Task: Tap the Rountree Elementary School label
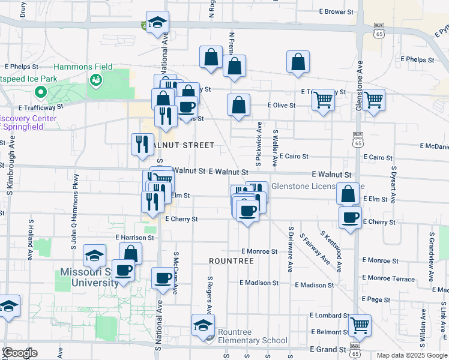[253, 337]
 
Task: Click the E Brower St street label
[336, 11]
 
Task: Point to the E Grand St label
[327, 349]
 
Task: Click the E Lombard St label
[329, 315]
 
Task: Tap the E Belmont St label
[328, 332]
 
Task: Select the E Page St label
[376, 299]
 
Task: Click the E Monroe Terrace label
[388, 279]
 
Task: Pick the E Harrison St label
[135, 238]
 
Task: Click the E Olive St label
[282, 105]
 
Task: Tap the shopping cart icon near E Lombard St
[360, 325]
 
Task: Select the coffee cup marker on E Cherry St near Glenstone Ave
[350, 217]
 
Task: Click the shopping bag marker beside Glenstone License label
[348, 193]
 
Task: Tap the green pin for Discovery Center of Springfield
[41, 92]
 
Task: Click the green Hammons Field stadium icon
[95, 79]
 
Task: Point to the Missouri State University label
[88, 277]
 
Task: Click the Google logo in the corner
[20, 353]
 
